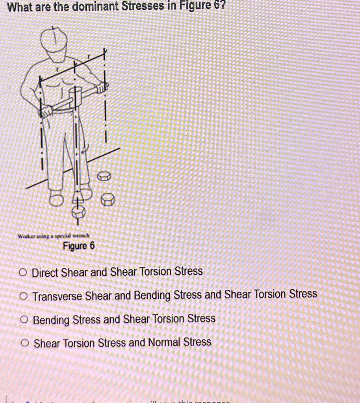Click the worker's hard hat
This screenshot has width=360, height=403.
pyautogui.click(x=54, y=41)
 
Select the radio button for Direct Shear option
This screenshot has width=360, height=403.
pyautogui.click(x=24, y=272)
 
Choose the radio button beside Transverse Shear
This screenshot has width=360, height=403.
pyautogui.click(x=24, y=296)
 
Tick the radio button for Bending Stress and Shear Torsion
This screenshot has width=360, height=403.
pyautogui.click(x=25, y=320)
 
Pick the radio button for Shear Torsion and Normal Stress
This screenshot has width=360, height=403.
pyautogui.click(x=25, y=343)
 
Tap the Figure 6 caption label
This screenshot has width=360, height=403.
pyautogui.click(x=79, y=246)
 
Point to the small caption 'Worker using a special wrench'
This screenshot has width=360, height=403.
pyautogui.click(x=54, y=236)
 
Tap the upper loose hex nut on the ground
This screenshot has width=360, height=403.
pyautogui.click(x=104, y=176)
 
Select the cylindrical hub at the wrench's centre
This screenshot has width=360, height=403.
pyautogui.click(x=75, y=96)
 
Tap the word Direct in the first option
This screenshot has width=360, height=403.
pyautogui.click(x=45, y=272)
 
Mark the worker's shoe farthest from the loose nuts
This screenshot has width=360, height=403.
pyautogui.click(x=56, y=199)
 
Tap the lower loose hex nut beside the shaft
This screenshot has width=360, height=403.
pyautogui.click(x=108, y=200)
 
